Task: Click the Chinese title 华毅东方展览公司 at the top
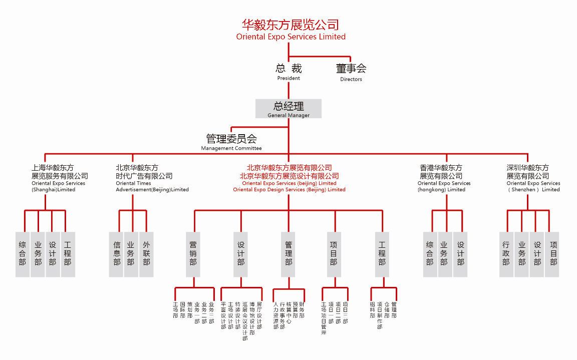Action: (291, 25)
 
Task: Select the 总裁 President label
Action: (288, 72)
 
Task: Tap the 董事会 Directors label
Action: (351, 72)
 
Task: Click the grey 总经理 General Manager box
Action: (288, 109)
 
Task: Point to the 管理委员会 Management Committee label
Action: (231, 142)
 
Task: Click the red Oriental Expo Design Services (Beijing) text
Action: (289, 190)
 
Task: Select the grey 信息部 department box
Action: (117, 254)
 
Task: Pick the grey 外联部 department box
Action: (146, 254)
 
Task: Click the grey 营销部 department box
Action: (193, 254)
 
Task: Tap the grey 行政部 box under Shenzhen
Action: (506, 254)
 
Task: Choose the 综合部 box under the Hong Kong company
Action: (430, 254)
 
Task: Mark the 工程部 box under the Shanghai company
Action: (68, 254)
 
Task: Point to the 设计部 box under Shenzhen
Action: (537, 254)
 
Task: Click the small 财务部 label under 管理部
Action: (302, 310)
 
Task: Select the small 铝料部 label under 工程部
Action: (372, 310)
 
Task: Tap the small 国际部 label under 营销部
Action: (182, 310)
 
